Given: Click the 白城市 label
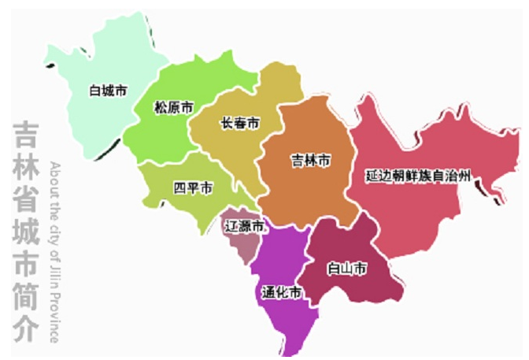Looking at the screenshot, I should click(x=108, y=91).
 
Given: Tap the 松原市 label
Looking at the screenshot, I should click(x=174, y=108).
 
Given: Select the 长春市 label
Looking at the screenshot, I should click(x=240, y=124).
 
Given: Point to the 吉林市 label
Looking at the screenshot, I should click(x=310, y=161).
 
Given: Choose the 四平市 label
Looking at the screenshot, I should click(x=193, y=188).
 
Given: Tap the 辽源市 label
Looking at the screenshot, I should click(x=245, y=225).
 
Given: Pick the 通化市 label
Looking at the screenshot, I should click(x=282, y=293).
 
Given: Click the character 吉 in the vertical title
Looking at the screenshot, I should click(x=25, y=135).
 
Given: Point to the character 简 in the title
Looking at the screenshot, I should click(x=25, y=295).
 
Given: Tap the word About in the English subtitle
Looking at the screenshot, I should click(x=54, y=176).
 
